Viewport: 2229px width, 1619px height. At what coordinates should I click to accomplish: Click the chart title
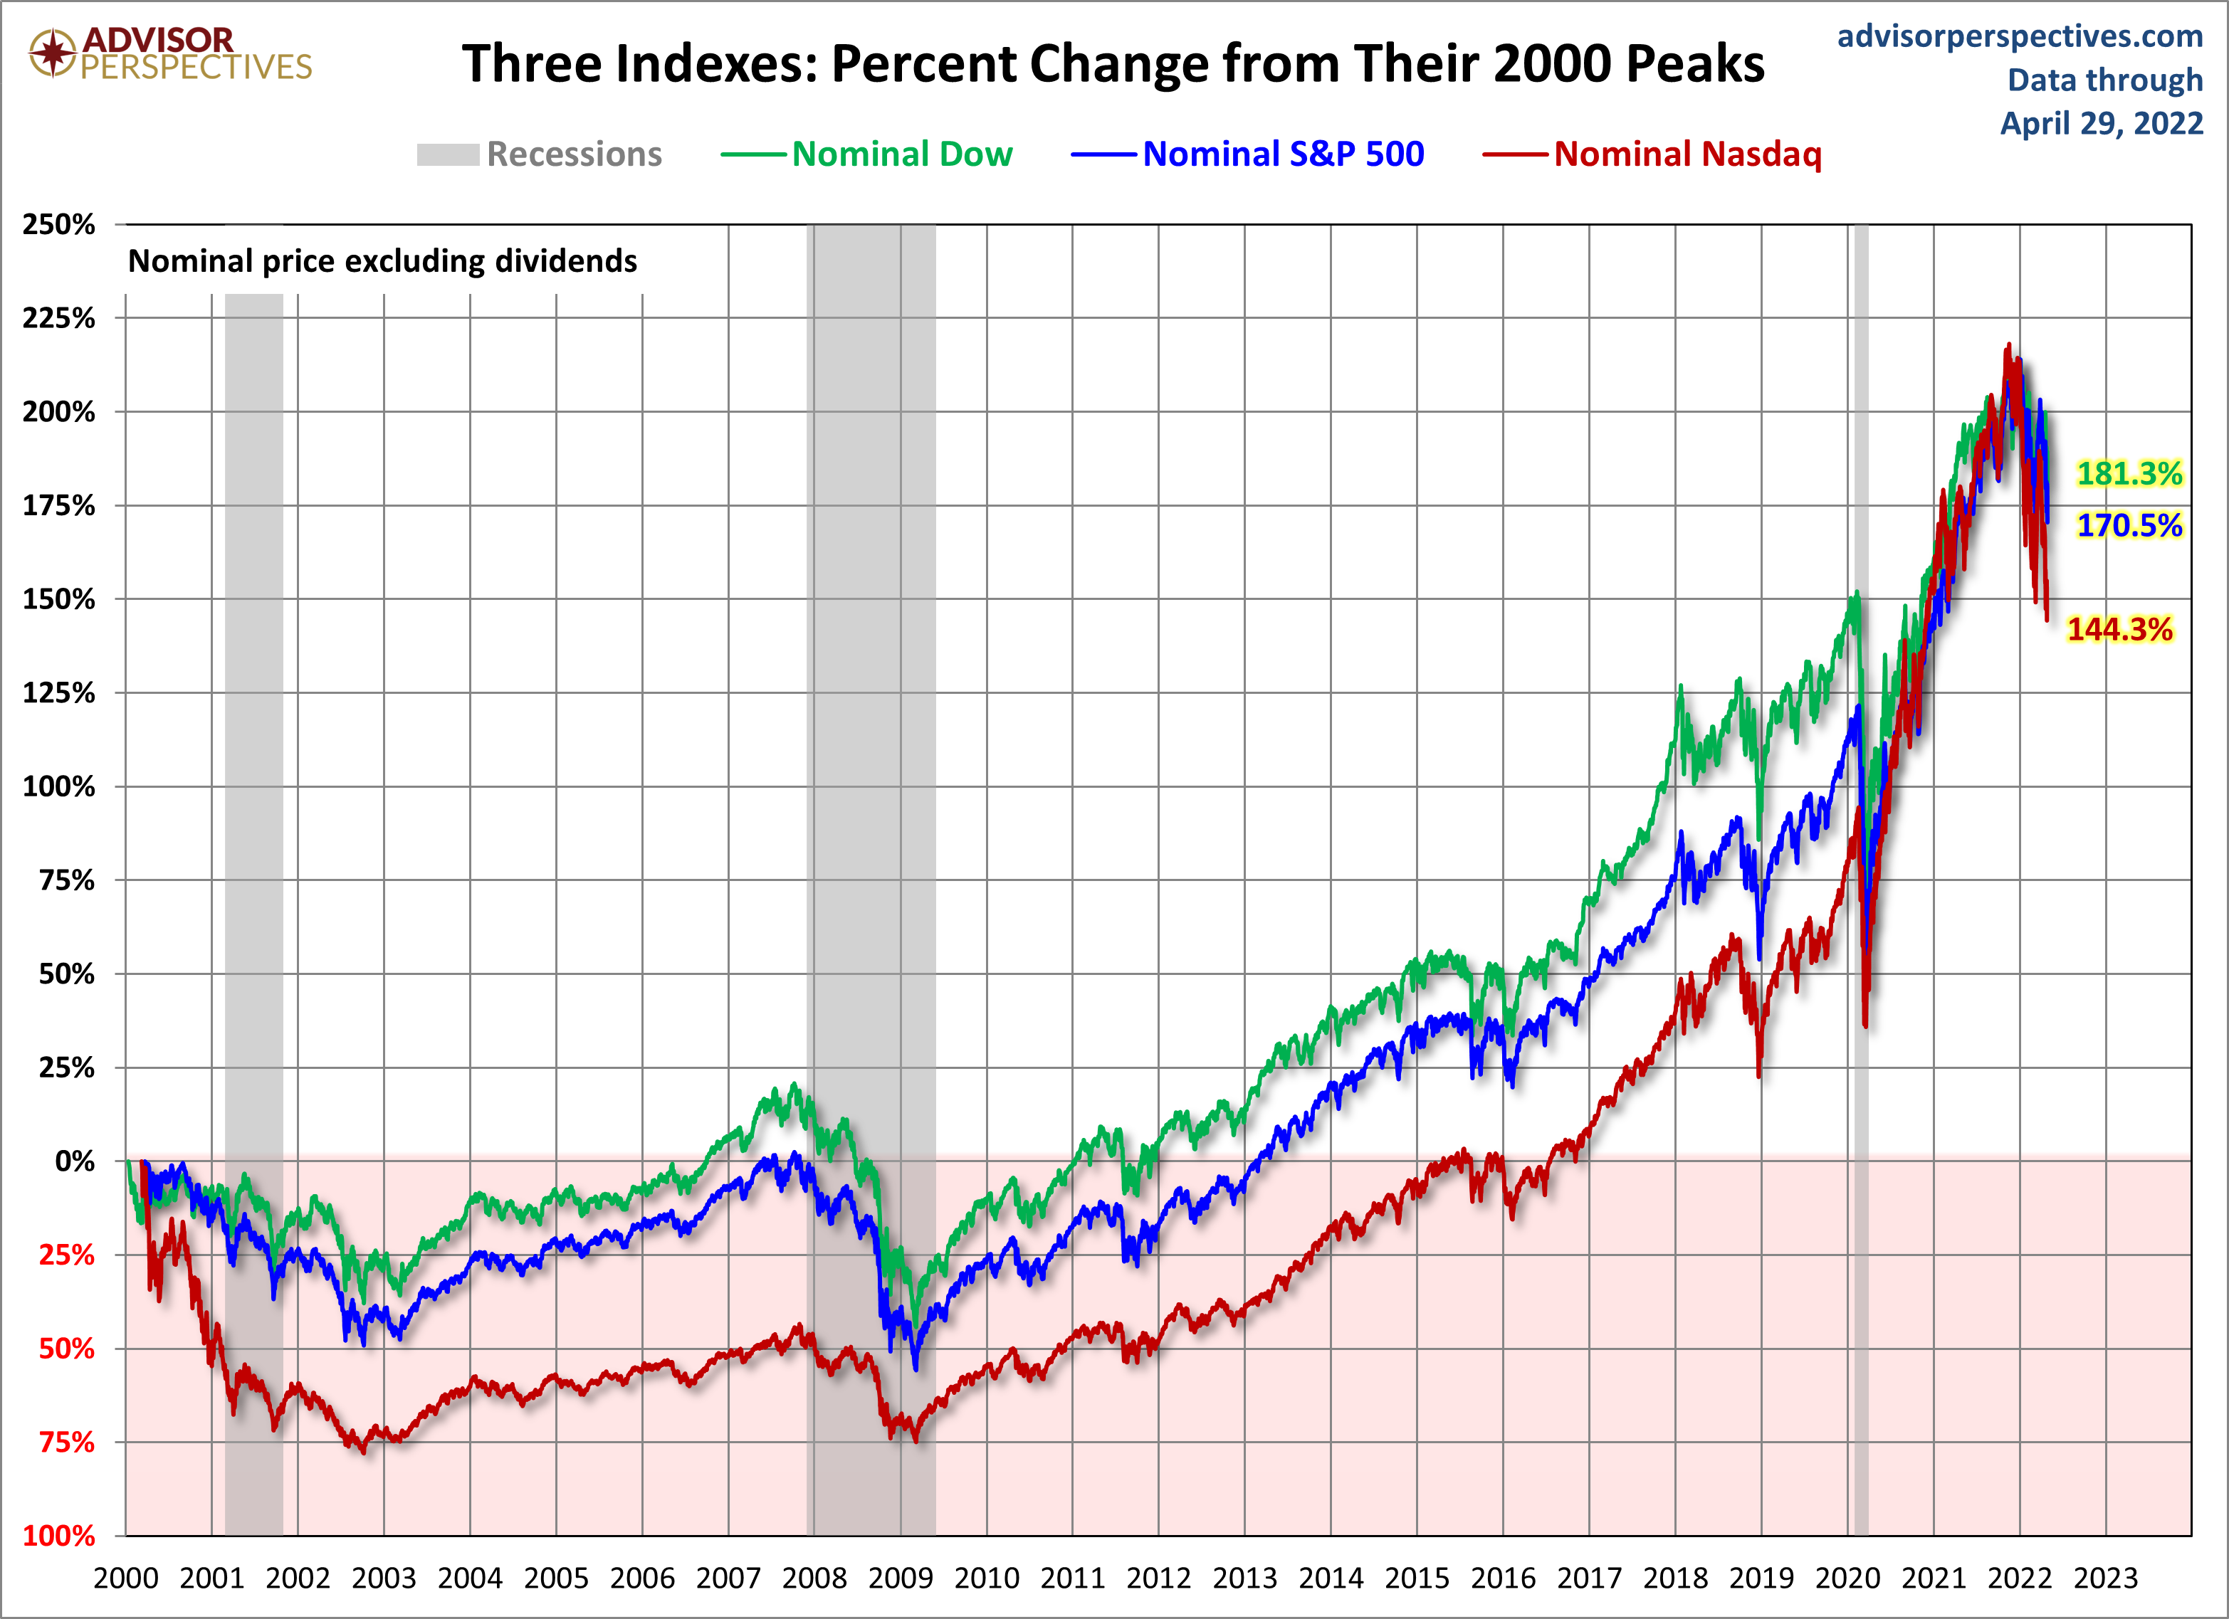pos(1113,64)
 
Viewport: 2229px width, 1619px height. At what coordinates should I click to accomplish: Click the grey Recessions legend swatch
pos(447,154)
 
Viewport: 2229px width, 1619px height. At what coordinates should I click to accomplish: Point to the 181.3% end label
pos(2128,473)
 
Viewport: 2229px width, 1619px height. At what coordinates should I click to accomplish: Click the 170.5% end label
pos(2128,526)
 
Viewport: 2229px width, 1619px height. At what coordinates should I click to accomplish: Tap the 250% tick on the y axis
pos(59,224)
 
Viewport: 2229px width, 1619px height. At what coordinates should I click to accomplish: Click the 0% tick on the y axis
pos(75,1161)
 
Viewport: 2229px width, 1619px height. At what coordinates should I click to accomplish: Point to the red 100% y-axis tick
pos(59,1536)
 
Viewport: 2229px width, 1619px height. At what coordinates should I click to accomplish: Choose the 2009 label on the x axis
pos(901,1578)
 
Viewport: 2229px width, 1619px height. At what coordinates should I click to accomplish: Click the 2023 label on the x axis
pos(2105,1578)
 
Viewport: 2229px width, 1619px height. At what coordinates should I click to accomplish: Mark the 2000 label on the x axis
pos(126,1578)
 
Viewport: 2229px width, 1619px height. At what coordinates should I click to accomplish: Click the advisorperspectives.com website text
pos(2020,36)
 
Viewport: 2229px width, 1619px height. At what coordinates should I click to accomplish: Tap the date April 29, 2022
pos(2102,123)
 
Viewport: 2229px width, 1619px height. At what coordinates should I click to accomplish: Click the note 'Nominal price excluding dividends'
pos(382,261)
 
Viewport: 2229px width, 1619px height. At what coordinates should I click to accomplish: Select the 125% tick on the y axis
pos(59,692)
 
